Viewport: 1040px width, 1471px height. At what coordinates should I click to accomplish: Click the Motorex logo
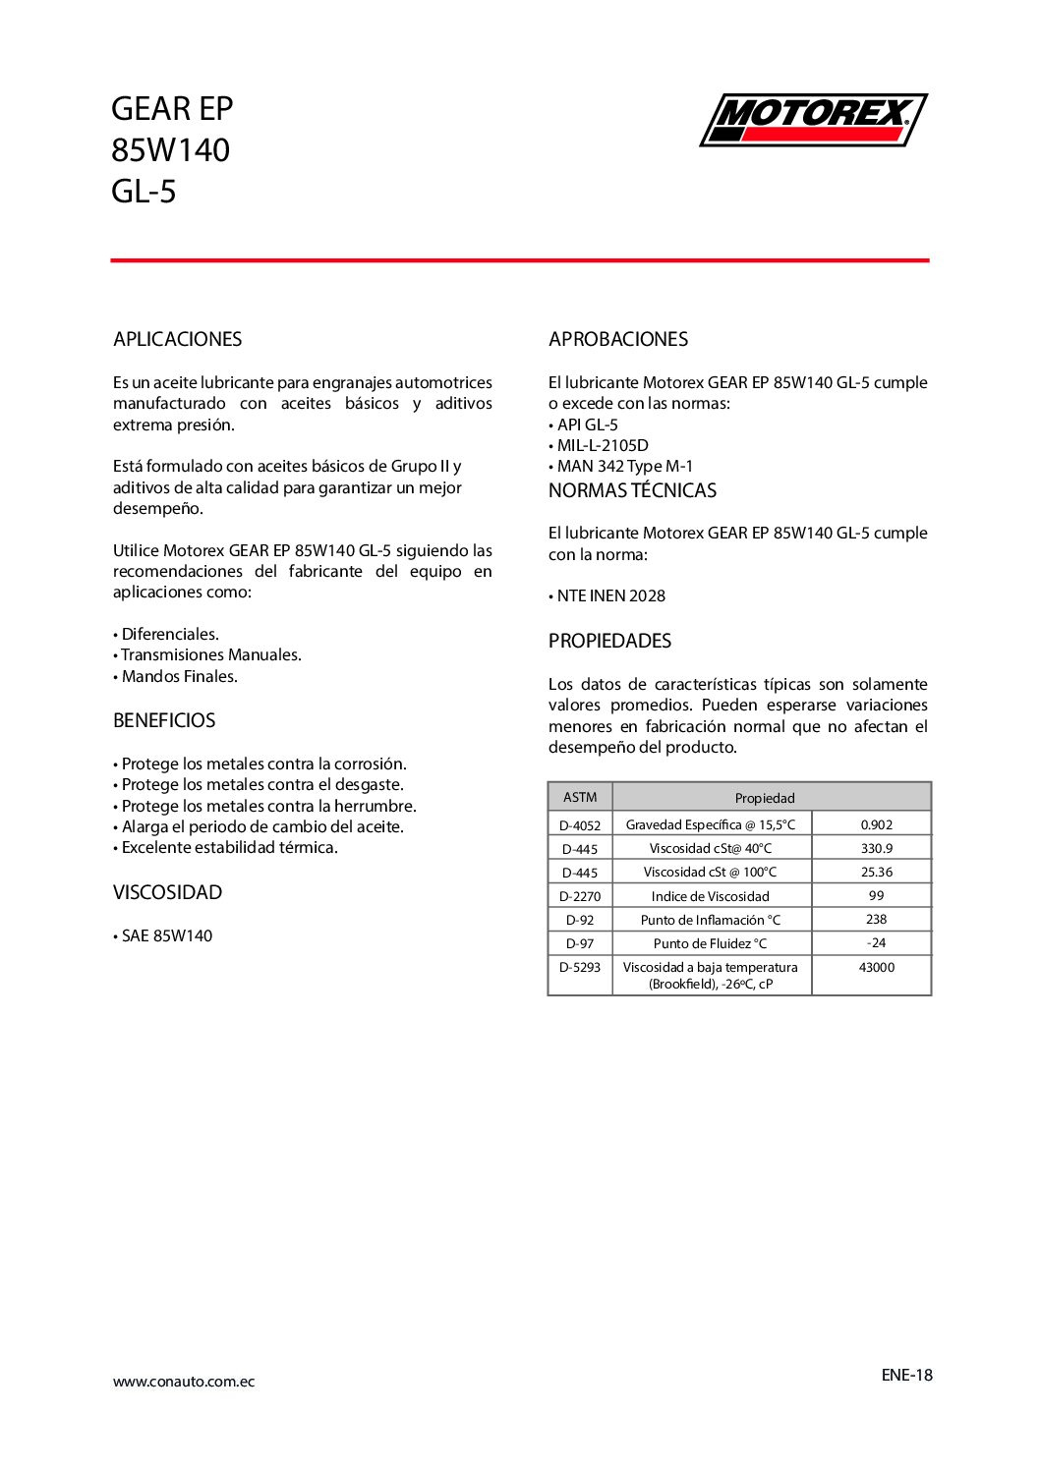(813, 120)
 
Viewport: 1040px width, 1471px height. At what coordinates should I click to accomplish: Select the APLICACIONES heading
(177, 339)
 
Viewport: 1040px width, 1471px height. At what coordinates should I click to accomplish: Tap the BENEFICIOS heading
(164, 720)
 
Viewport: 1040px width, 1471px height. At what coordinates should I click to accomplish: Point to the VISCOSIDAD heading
(167, 892)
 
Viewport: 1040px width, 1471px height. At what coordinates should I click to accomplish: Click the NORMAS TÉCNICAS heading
(632, 490)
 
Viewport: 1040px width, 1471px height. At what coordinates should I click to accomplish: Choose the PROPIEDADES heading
(609, 641)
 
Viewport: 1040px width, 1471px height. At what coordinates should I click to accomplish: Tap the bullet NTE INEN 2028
(610, 595)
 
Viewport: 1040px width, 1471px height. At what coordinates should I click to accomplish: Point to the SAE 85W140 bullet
(166, 935)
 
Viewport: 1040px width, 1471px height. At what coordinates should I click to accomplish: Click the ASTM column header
(580, 797)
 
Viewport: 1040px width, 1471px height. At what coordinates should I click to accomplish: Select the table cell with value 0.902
(876, 824)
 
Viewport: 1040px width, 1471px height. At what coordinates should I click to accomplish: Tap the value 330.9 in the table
(876, 848)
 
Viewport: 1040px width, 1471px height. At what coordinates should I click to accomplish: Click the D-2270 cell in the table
(580, 896)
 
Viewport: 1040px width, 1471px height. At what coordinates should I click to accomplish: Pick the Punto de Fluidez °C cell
(710, 943)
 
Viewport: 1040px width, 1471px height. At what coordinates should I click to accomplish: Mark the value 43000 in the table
(876, 967)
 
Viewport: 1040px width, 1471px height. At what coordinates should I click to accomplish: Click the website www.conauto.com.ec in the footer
(184, 1382)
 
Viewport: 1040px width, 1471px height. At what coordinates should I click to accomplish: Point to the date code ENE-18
(906, 1375)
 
